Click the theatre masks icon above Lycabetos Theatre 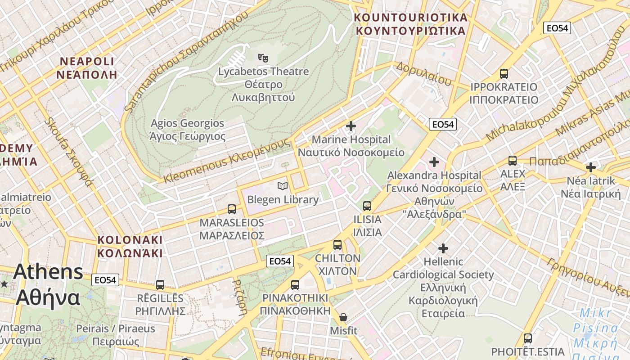(263, 58)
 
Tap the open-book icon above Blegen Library (283, 186)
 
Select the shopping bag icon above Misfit (343, 317)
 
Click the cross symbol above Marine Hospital (351, 126)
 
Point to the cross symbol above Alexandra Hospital (434, 162)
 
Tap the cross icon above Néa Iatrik (590, 167)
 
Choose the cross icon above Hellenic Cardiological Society (443, 248)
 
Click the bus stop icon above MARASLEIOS (232, 209)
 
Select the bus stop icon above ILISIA (367, 206)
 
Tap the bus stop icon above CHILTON (337, 245)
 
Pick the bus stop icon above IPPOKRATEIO (504, 73)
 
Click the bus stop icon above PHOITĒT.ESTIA (528, 338)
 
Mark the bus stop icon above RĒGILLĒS (160, 285)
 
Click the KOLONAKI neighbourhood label (130, 246)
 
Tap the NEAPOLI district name (87, 68)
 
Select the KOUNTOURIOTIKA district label (410, 24)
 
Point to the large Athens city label (48, 284)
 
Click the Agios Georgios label (188, 130)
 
